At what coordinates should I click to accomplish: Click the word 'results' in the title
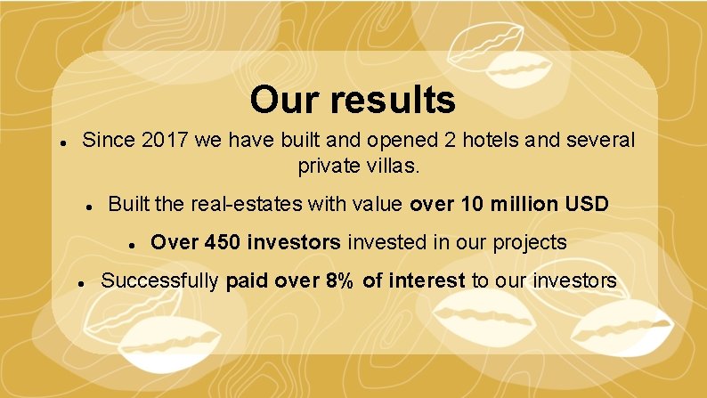[392, 101]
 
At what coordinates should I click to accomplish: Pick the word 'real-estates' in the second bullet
[245, 205]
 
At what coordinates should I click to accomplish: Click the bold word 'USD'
[588, 205]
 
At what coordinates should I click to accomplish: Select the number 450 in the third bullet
[222, 242]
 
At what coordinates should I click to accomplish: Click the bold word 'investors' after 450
[298, 242]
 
